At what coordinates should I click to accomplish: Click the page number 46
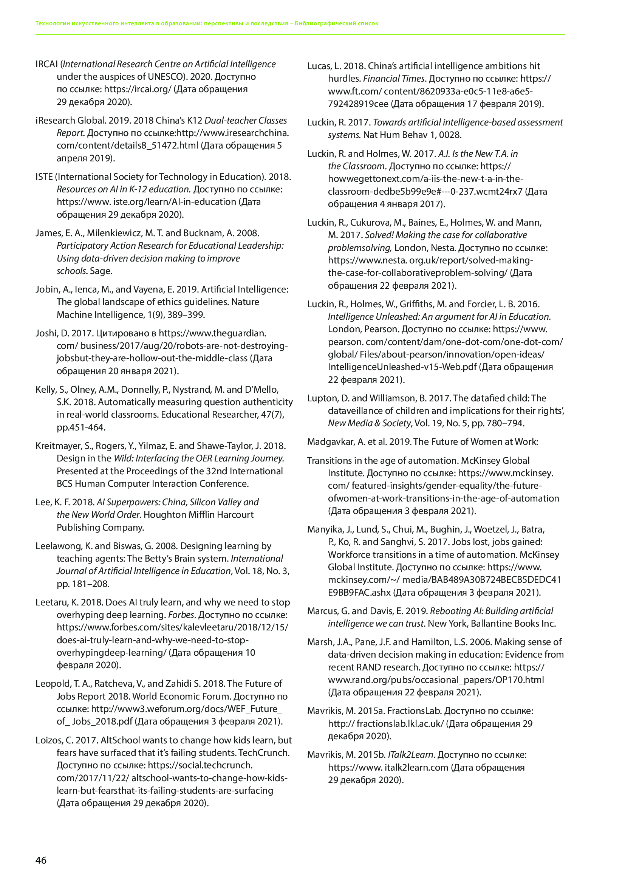(x=41, y=860)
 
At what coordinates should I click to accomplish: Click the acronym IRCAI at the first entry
(x=46, y=64)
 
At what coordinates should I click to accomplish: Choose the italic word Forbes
(x=182, y=615)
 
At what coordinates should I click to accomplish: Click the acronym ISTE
(x=44, y=177)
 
